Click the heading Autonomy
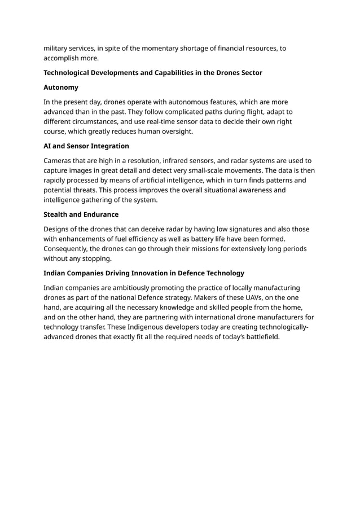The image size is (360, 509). click(61, 87)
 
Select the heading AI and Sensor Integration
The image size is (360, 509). click(86, 146)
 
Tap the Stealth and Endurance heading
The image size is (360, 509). click(81, 214)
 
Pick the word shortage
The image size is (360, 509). click(187, 48)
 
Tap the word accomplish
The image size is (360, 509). click(65, 58)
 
